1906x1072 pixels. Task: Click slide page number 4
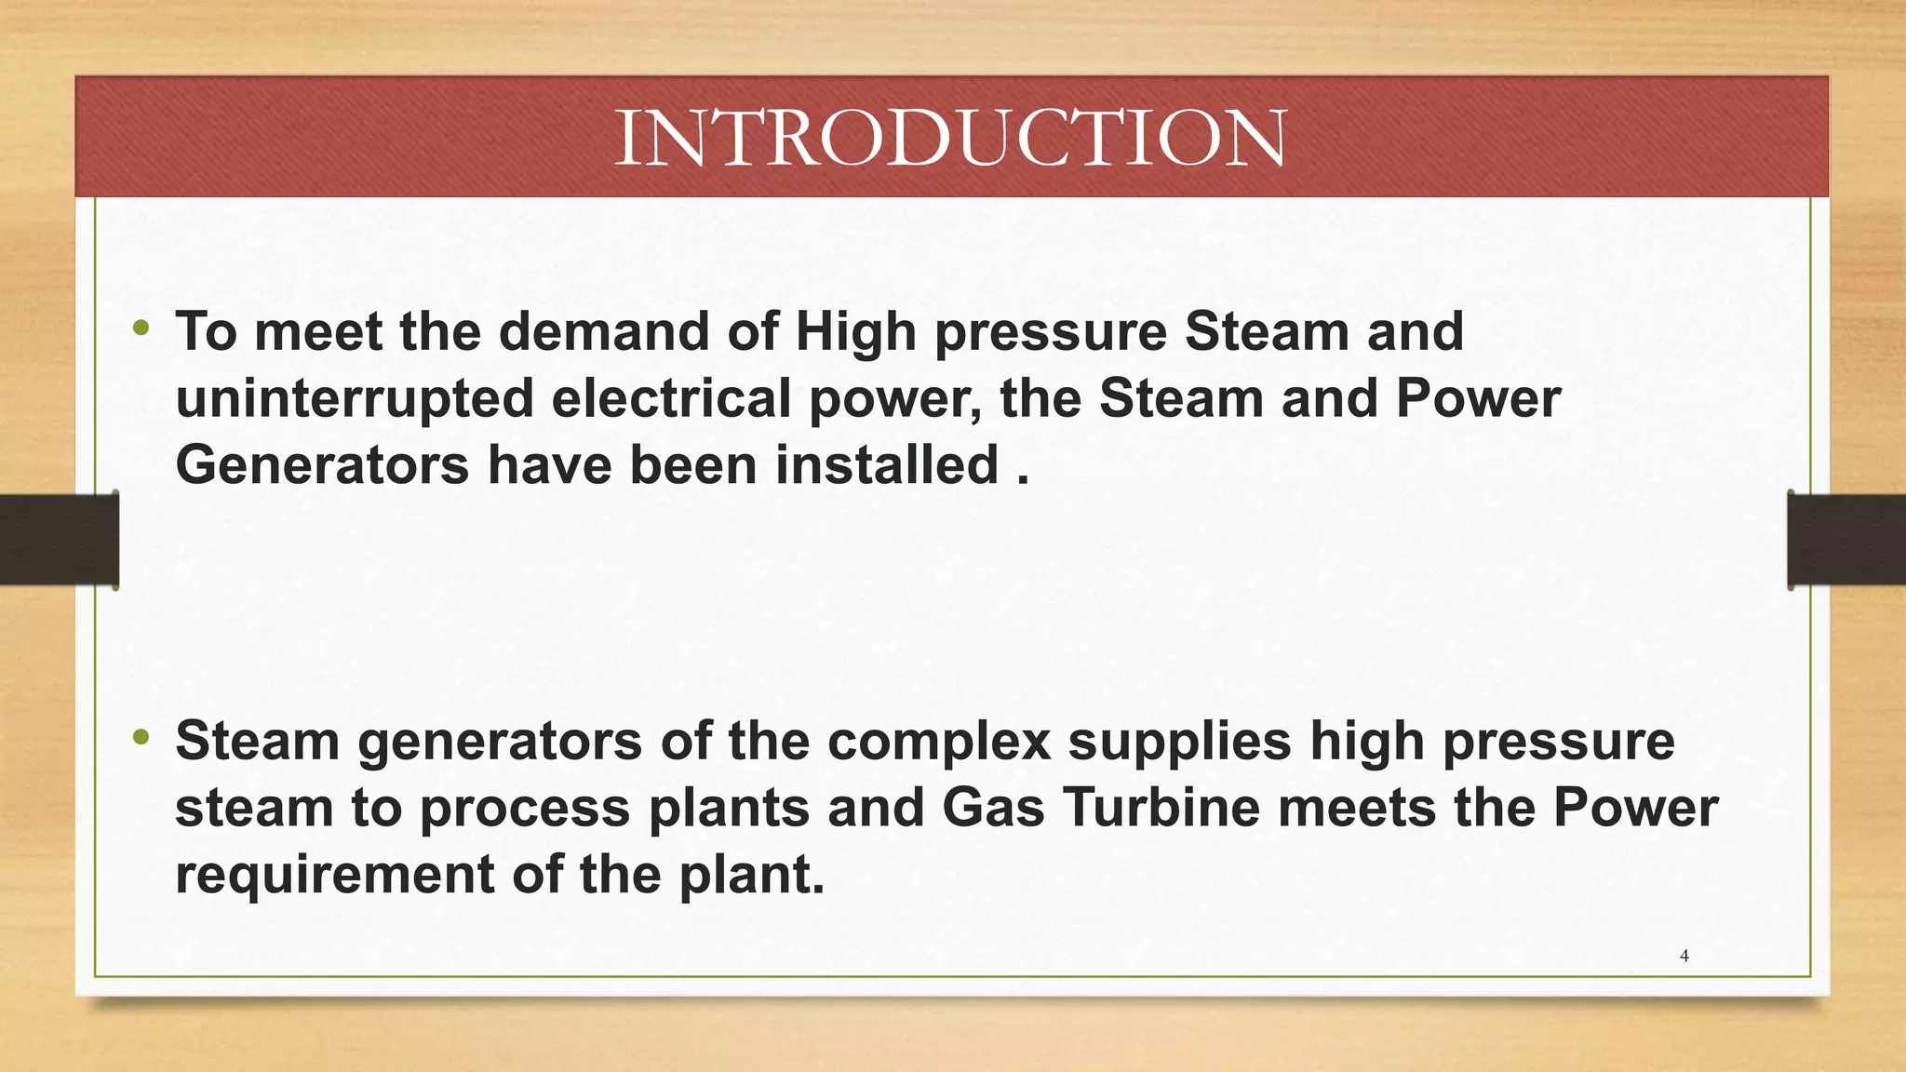coord(1684,956)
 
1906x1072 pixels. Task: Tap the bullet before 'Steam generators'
coord(141,738)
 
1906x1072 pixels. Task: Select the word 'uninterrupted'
coord(354,399)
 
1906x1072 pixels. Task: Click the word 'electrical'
coord(670,399)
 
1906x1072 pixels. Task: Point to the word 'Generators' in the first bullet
coord(322,465)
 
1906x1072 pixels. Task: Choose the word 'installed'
coord(887,465)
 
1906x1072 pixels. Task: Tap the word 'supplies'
coord(1179,743)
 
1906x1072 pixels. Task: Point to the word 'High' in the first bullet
coord(855,332)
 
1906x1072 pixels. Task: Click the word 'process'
coord(525,810)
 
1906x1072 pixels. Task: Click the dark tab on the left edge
coord(59,540)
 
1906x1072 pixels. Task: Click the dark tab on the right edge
coord(1846,540)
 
